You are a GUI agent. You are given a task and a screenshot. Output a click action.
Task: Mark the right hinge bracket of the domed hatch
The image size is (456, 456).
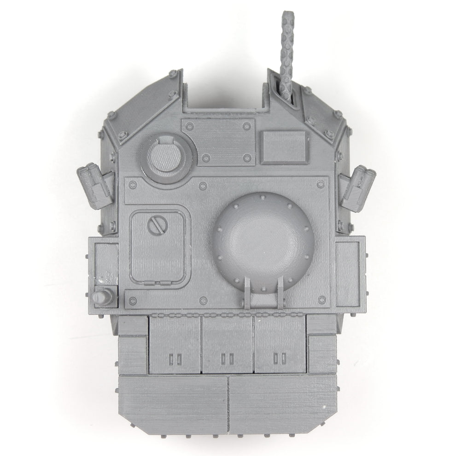coord(280,290)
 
